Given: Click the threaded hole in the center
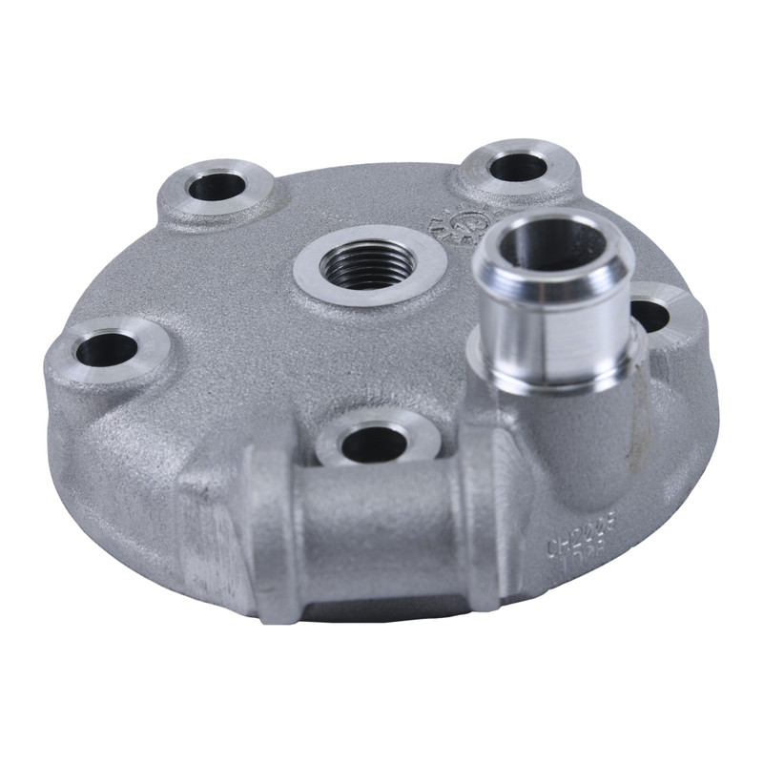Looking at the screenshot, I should tap(368, 263).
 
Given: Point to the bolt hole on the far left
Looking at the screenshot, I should tap(106, 349).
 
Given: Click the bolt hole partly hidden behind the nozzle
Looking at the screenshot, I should tap(652, 314).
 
